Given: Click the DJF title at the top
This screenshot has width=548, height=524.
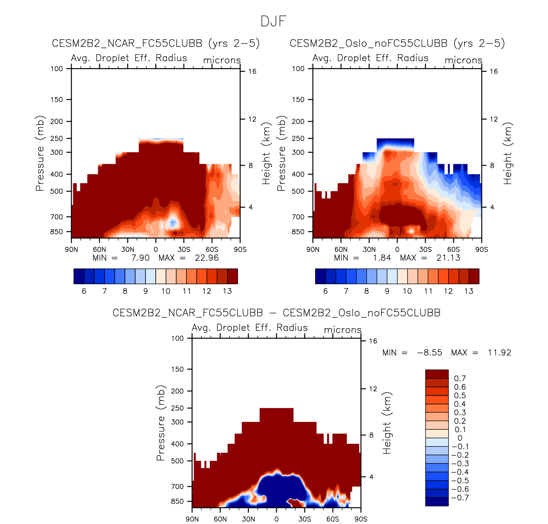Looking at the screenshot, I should click(x=273, y=21).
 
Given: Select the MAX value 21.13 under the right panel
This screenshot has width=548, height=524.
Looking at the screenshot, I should click(x=448, y=258).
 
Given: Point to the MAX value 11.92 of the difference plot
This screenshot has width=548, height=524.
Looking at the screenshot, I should click(x=499, y=353).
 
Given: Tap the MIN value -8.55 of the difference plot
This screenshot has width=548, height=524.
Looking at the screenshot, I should click(x=429, y=353).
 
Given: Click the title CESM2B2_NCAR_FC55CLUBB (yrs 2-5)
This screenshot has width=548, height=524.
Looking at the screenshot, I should click(x=156, y=44).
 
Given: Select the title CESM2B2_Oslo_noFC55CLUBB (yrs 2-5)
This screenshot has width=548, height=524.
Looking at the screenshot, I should click(x=397, y=44).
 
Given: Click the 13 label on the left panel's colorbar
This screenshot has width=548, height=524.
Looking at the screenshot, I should click(x=227, y=291).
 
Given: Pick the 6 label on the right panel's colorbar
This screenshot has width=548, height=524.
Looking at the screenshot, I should click(x=325, y=291).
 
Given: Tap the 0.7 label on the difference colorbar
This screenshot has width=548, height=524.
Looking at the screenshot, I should click(x=460, y=378).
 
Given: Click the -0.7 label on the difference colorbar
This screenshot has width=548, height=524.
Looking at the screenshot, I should click(x=460, y=498).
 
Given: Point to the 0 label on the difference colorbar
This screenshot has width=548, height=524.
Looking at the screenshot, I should click(x=460, y=438).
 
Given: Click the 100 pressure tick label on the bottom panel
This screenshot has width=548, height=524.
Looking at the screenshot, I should click(x=177, y=338).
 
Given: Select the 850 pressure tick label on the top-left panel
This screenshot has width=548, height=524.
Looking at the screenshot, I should click(x=57, y=232).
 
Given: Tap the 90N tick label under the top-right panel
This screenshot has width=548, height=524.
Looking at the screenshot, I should click(x=313, y=250).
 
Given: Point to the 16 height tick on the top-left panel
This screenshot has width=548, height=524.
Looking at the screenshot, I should click(x=252, y=71).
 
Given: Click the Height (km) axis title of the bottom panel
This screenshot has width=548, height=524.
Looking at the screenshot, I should click(x=387, y=423).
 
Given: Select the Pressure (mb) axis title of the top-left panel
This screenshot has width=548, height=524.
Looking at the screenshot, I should click(x=40, y=153).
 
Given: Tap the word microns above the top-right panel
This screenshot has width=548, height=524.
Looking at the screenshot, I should click(x=464, y=61).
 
